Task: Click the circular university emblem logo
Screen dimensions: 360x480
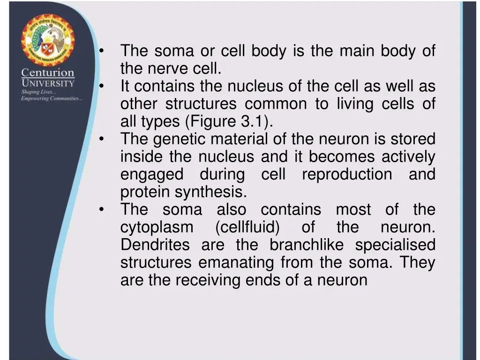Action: click(x=47, y=40)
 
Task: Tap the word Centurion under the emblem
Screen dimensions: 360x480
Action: click(x=47, y=73)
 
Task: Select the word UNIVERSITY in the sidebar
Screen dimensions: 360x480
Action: click(x=47, y=83)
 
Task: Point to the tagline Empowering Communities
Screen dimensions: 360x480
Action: click(x=52, y=98)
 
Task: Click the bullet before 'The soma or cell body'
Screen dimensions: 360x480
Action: click(x=101, y=51)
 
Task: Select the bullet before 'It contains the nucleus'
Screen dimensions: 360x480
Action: click(x=101, y=86)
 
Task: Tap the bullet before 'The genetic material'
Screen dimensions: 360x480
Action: click(x=101, y=139)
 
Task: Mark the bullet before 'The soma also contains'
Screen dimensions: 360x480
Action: click(x=101, y=210)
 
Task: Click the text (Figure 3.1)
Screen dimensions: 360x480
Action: click(x=229, y=122)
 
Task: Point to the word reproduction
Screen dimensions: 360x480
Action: click(x=346, y=174)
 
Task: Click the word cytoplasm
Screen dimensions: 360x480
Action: click(x=157, y=228)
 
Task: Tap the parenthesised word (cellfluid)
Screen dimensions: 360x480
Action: click(x=247, y=228)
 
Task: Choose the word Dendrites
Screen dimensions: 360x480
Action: click(x=155, y=245)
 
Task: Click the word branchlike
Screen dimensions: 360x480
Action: click(x=306, y=245)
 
